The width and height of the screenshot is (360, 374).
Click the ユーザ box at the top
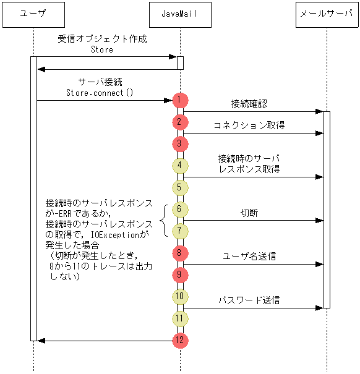pos(33,13)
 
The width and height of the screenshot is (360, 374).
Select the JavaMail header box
pos(180,13)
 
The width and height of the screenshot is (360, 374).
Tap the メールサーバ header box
pos(327,13)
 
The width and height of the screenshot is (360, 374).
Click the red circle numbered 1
pos(179,100)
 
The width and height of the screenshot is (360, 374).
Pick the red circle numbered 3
pos(179,144)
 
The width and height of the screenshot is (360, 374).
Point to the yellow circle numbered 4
pos(179,166)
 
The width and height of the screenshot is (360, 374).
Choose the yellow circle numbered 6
pos(179,210)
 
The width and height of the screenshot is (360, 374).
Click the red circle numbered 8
pos(179,253)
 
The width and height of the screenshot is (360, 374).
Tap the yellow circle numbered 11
pos(179,319)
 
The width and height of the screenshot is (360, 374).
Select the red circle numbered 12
pos(179,341)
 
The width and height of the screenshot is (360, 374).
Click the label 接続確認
pos(249,103)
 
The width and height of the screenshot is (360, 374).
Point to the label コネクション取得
pos(249,125)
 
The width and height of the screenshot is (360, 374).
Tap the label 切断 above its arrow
pos(249,213)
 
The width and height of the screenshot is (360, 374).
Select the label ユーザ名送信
pos(249,256)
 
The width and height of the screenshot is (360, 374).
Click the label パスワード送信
pos(249,300)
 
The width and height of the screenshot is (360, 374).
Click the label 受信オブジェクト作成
pos(102,38)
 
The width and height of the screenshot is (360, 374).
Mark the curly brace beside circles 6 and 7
pos(164,220)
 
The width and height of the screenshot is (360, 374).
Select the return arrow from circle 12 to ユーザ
pos(105,341)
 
